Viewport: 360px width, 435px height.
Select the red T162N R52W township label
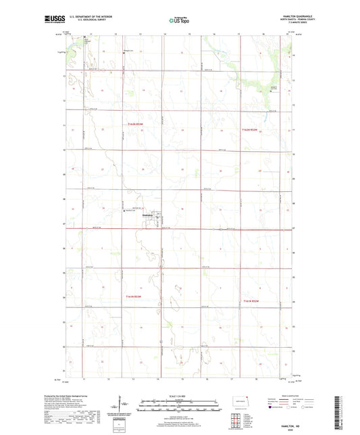click(x=250, y=129)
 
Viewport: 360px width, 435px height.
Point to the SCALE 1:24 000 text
click(x=180, y=395)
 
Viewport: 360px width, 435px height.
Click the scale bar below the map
click(x=180, y=407)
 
